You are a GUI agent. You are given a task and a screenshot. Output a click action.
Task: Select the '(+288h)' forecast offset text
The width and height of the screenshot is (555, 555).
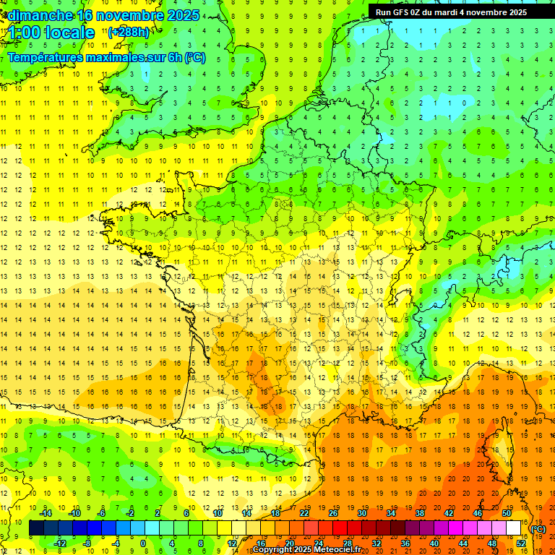pyautogui.click(x=129, y=33)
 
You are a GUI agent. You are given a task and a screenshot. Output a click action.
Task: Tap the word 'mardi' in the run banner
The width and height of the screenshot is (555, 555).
pyautogui.click(x=453, y=12)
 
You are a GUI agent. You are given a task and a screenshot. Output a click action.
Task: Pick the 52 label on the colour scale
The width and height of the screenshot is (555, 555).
pyautogui.click(x=521, y=543)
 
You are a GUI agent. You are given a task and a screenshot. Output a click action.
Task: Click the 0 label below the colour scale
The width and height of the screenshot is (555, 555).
pyautogui.click(x=144, y=543)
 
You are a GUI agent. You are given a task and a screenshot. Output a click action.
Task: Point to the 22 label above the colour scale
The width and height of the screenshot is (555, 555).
pyautogui.click(x=304, y=513)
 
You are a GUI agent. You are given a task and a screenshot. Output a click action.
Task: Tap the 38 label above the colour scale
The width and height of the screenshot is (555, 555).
pyautogui.click(x=419, y=513)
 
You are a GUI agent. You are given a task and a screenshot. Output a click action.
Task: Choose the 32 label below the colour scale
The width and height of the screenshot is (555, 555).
pyautogui.click(x=377, y=543)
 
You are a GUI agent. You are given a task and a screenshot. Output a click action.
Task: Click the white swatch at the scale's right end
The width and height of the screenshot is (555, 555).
pyautogui.click(x=514, y=528)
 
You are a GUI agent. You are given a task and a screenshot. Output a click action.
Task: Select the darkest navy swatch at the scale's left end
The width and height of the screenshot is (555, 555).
pyautogui.click(x=36, y=528)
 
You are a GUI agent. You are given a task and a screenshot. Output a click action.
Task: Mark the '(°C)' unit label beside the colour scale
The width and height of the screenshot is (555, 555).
pyautogui.click(x=538, y=529)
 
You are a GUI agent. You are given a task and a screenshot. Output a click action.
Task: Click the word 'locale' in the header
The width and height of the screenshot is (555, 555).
pyautogui.click(x=69, y=33)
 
